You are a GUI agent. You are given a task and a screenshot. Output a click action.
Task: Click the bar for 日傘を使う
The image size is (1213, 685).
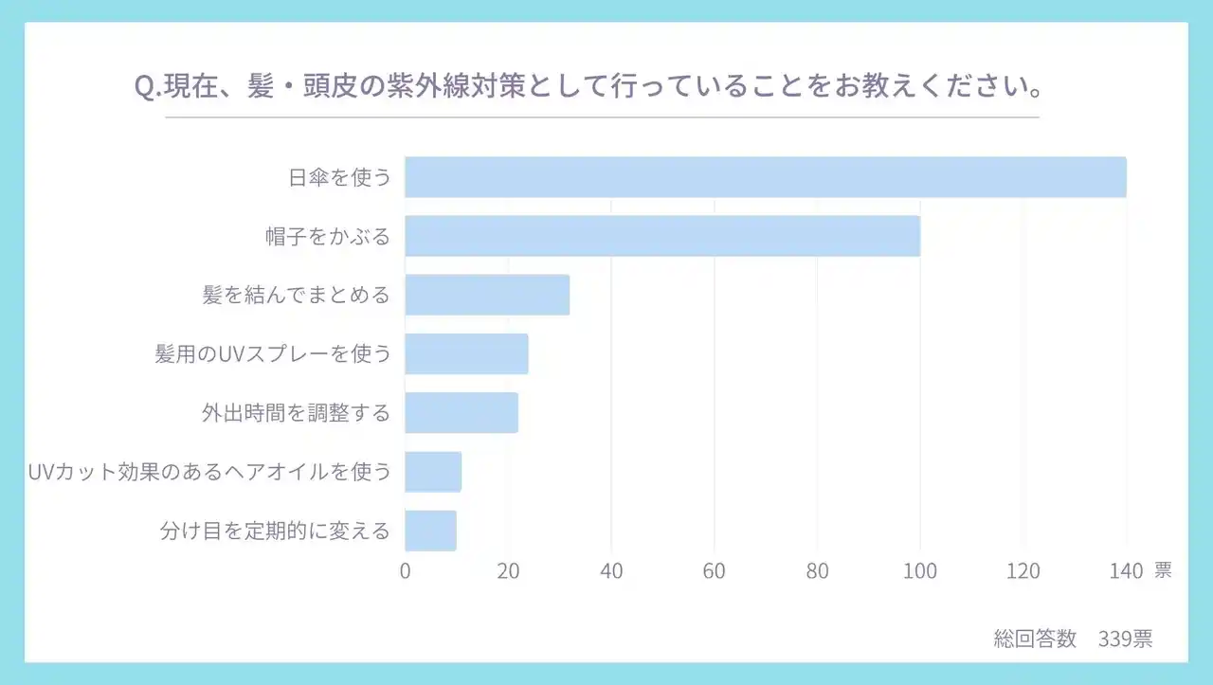pos(766,177)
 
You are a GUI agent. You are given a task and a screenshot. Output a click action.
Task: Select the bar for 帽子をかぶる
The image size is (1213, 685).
pos(662,236)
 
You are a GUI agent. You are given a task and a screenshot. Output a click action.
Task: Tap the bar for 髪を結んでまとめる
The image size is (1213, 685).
pos(487,295)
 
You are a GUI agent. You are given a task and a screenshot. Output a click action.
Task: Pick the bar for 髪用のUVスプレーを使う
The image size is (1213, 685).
pos(466,353)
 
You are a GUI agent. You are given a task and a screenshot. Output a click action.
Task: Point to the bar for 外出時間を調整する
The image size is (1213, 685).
pos(462,413)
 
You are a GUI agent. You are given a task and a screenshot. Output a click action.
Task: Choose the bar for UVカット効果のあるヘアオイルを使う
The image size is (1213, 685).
pos(433,472)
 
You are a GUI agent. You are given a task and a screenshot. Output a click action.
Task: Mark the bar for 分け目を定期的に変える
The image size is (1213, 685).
pos(430,531)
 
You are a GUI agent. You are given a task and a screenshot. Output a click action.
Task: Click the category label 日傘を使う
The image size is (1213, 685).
pos(339,177)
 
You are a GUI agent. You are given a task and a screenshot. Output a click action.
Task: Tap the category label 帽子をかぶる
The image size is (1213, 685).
pos(328,236)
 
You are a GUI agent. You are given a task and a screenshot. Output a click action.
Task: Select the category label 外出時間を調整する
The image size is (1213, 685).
pos(296,413)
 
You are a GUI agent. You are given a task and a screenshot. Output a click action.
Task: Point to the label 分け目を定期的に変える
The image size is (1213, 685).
pos(275,531)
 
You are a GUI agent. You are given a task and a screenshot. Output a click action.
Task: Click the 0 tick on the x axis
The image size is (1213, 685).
pos(406,571)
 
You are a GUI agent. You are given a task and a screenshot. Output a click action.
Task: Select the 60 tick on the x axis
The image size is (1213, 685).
pos(715,571)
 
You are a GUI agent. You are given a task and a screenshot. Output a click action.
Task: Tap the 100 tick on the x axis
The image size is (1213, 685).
pos(920,571)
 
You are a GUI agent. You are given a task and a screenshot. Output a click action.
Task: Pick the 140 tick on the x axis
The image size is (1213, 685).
pos(1126,571)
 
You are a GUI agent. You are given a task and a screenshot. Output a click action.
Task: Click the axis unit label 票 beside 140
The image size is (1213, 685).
pos(1163,570)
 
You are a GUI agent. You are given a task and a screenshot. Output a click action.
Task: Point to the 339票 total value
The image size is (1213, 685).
pos(1126,639)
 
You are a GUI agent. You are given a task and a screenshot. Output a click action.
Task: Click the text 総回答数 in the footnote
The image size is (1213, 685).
pos(1035,639)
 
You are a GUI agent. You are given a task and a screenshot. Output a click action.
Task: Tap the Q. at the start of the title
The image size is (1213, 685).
pos(148,87)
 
